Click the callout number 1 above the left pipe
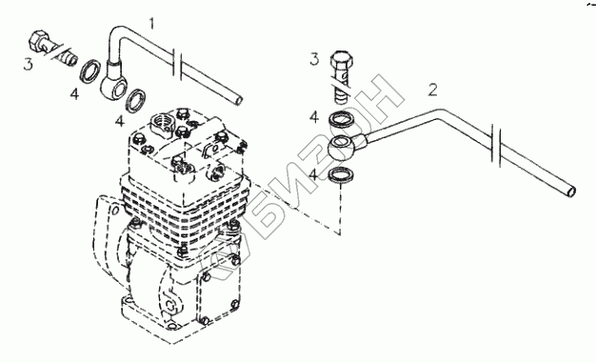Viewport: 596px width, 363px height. point(151,24)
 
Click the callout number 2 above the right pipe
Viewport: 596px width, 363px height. point(432,91)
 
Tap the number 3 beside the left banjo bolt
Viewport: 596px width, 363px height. point(28,64)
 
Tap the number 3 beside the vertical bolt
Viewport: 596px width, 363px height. point(314,59)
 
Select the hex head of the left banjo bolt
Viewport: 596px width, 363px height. point(38,40)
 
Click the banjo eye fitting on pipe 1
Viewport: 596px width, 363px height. point(115,83)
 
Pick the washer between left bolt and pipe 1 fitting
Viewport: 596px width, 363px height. point(90,71)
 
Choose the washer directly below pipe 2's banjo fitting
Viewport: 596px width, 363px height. point(341,175)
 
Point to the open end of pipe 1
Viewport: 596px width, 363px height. point(238,101)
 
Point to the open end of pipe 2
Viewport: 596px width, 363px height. point(570,192)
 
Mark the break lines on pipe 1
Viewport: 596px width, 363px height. point(178,65)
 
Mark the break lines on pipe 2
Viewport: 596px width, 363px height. point(496,145)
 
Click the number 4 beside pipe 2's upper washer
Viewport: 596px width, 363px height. point(314,117)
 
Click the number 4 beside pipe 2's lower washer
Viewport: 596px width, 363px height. point(313,175)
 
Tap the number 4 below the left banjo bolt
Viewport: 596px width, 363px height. point(74,93)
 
